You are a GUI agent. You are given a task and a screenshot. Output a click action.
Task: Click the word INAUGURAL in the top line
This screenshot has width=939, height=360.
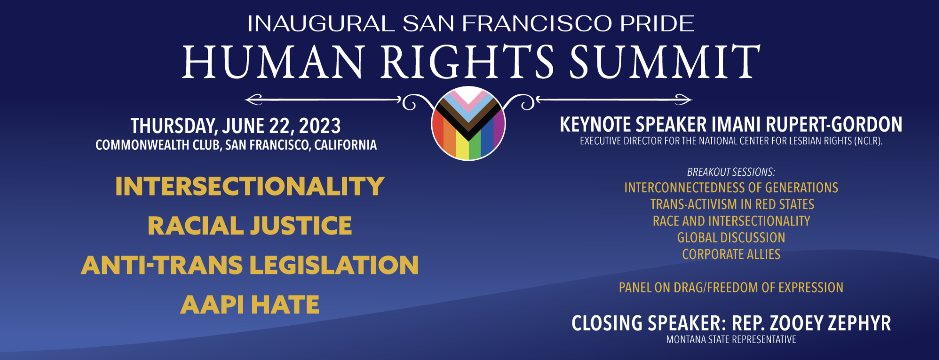[x=321, y=24]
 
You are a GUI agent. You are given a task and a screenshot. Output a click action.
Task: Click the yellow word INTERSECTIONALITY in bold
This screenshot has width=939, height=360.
[x=250, y=186]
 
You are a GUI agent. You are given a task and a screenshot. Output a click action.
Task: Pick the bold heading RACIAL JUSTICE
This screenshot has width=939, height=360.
[x=250, y=226]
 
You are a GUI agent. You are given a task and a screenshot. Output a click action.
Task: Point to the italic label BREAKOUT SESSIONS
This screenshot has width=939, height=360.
[x=731, y=172]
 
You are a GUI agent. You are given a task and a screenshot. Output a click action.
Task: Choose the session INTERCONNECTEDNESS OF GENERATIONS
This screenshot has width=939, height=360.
[x=731, y=188]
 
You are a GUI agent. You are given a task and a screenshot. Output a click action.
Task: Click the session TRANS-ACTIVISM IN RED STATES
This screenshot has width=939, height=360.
[x=732, y=204]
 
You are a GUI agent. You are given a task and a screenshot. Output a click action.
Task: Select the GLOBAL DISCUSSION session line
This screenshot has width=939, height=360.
[x=731, y=238]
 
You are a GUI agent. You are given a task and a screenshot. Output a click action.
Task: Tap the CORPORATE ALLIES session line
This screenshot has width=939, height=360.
[x=731, y=254]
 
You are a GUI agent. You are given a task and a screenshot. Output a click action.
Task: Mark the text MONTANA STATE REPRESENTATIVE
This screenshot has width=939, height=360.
[x=731, y=340]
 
